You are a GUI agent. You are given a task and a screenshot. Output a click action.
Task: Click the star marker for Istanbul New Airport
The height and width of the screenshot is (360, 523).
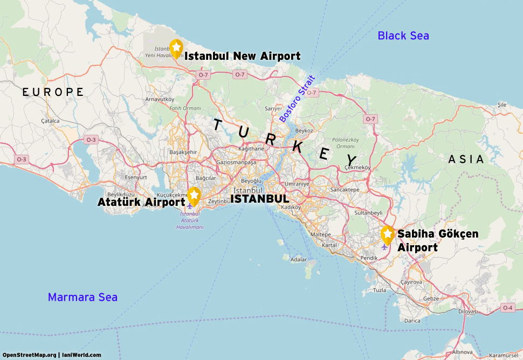click(176, 47)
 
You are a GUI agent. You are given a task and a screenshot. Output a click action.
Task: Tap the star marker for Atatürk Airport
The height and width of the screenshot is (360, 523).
click(194, 196)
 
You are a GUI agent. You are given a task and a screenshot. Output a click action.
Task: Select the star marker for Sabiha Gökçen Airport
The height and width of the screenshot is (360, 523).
click(387, 234)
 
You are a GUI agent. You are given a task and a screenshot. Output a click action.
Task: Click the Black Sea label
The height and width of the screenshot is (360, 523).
click(403, 36)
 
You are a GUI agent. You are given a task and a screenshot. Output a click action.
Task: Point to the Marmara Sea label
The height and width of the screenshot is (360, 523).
click(82, 297)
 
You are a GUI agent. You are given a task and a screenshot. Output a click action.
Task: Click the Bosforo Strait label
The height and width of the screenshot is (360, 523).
click(297, 99)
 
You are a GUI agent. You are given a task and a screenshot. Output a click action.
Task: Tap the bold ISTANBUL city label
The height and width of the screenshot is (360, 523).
click(259, 199)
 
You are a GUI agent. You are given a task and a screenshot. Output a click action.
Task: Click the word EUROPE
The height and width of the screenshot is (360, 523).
click(53, 92)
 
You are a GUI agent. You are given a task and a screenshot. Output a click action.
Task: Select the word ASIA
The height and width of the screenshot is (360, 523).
click(466, 160)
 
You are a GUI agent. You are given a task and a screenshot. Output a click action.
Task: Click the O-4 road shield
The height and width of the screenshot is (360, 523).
click(507, 308)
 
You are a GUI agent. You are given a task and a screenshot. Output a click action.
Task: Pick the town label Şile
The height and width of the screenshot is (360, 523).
click(502, 104)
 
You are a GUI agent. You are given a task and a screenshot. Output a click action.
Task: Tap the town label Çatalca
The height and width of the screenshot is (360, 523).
click(50, 121)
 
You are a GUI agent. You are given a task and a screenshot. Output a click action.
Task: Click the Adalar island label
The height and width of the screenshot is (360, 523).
click(298, 259)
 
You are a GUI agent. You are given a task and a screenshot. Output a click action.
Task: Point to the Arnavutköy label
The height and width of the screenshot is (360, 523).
click(160, 99)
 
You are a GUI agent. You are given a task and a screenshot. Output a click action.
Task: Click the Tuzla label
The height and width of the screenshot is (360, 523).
click(380, 290)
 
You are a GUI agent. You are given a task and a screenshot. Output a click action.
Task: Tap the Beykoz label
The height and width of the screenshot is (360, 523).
click(304, 130)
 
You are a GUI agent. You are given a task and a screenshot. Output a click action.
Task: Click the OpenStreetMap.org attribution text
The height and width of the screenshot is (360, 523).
click(29, 355)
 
